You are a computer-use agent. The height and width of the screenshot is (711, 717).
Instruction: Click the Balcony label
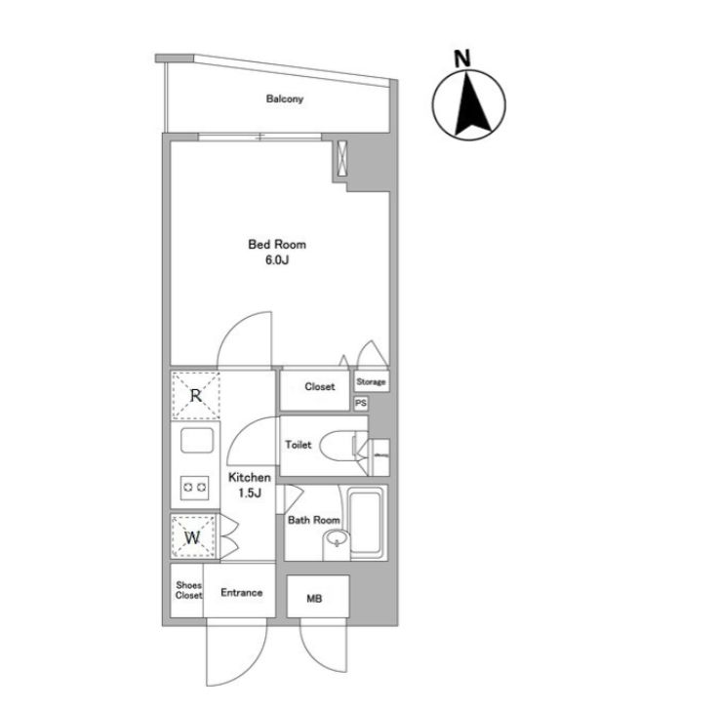(285, 99)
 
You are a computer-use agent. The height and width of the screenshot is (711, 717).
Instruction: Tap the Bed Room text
(277, 244)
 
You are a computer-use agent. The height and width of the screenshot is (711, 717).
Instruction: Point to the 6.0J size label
(277, 260)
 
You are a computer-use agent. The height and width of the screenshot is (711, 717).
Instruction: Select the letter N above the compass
(462, 59)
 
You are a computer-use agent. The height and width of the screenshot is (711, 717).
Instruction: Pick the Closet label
(320, 387)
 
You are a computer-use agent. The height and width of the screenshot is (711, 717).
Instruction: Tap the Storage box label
(371, 381)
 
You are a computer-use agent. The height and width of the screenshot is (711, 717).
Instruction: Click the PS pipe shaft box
(361, 403)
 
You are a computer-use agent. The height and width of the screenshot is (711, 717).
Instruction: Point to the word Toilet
(299, 445)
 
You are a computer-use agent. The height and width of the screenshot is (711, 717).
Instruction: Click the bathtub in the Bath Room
(366, 523)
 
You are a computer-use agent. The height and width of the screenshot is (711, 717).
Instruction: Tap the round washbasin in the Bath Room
(337, 542)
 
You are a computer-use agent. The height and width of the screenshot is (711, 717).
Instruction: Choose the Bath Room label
(314, 520)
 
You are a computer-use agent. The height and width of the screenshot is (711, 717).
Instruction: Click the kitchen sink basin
(197, 440)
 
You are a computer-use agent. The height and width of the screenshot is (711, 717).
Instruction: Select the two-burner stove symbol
(195, 488)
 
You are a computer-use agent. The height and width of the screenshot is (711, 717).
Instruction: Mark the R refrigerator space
(196, 396)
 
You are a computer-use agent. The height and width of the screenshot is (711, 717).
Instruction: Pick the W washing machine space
(193, 536)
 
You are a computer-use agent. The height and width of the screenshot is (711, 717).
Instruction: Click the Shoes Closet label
(188, 590)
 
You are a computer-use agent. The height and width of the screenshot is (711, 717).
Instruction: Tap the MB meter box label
(314, 599)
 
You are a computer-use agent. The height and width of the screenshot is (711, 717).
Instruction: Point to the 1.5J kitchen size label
(249, 493)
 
